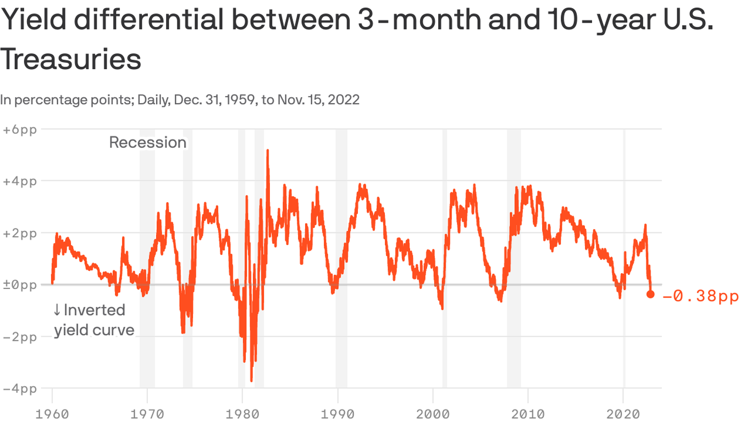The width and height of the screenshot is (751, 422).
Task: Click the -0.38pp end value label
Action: pyautogui.click(x=700, y=296)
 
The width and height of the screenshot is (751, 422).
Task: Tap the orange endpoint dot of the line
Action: pyautogui.click(x=650, y=295)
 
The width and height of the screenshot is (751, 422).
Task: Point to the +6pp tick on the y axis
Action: pyautogui.click(x=19, y=130)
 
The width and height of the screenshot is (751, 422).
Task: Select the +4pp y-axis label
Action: pyautogui.click(x=19, y=181)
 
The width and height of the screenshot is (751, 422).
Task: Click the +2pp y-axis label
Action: pyautogui.click(x=19, y=233)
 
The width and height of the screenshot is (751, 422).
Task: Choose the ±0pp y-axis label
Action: pyautogui.click(x=19, y=285)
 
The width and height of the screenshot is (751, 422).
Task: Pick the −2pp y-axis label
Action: pyautogui.click(x=19, y=336)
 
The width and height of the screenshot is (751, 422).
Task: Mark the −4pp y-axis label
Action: pyautogui.click(x=19, y=388)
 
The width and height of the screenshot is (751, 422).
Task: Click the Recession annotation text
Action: pyautogui.click(x=148, y=142)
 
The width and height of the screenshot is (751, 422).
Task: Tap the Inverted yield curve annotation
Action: pyautogui.click(x=93, y=320)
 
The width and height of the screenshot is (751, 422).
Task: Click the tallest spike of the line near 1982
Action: pyautogui.click(x=267, y=151)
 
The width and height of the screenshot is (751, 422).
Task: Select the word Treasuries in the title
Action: pyautogui.click(x=70, y=59)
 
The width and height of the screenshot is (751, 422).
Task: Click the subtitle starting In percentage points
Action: pyautogui.click(x=180, y=100)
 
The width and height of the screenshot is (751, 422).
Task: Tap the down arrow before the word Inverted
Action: pyautogui.click(x=57, y=310)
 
